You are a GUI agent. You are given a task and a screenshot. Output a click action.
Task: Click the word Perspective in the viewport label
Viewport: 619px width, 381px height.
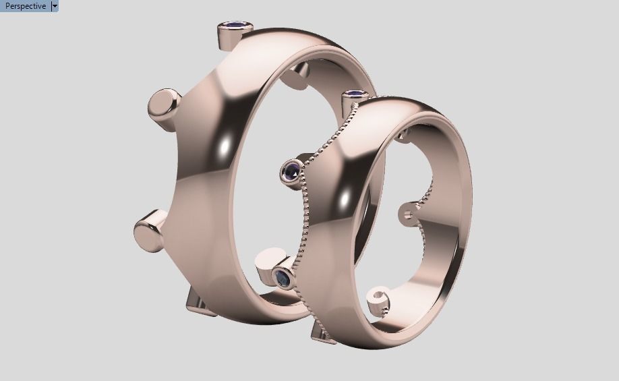[26, 6]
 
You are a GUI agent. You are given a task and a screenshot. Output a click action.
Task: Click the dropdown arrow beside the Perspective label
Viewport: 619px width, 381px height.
[55, 6]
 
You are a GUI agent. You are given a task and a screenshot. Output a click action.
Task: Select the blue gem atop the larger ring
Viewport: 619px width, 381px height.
[235, 26]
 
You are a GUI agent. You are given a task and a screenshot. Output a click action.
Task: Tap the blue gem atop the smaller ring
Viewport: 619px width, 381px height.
[355, 94]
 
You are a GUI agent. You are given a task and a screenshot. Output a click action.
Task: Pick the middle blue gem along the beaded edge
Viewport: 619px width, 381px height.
[291, 170]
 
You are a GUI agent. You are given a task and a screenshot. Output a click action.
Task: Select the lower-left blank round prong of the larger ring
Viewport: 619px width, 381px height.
[148, 233]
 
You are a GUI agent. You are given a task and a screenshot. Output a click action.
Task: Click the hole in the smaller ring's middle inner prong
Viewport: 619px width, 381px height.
[407, 215]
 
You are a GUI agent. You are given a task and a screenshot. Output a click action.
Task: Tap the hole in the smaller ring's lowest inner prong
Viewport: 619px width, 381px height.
[379, 296]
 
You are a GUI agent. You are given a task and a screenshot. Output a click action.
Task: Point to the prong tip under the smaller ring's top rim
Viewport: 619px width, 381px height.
[403, 136]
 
